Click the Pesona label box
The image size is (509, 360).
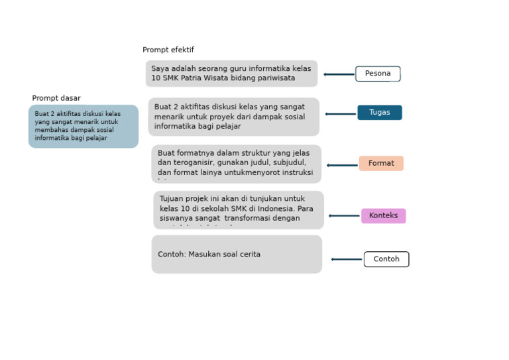point(378,74)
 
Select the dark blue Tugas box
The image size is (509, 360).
point(379,113)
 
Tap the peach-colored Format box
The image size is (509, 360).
point(381,163)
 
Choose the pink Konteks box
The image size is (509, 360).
point(383,215)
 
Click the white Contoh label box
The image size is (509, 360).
point(386,259)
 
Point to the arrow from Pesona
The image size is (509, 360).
point(339,74)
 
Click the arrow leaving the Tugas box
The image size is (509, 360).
point(341,114)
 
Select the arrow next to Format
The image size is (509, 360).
point(342,165)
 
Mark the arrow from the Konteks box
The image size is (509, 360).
point(344,215)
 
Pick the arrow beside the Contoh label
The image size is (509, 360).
point(347,259)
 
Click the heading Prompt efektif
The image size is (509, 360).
point(168,50)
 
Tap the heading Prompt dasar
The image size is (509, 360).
point(56,98)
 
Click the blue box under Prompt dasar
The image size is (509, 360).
point(84,126)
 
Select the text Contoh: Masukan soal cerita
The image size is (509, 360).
point(209,255)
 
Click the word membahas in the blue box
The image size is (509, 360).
point(51,130)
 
